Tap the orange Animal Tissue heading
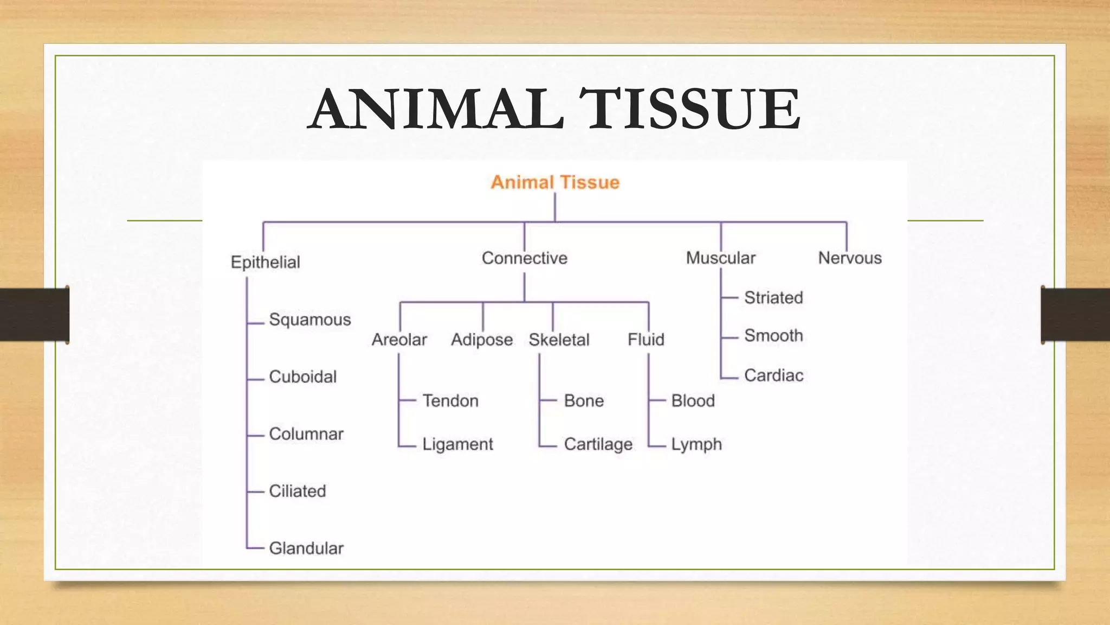tap(555, 182)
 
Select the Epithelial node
tap(265, 262)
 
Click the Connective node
tap(524, 258)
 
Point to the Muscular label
tap(720, 258)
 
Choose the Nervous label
tap(849, 258)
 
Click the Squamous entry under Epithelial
tap(309, 320)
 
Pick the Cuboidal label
tap(302, 377)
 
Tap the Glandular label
tap(306, 548)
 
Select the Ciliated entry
tap(298, 491)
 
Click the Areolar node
tap(399, 340)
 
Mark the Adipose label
tap(482, 340)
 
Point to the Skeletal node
tap(559, 340)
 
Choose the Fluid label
tap(646, 340)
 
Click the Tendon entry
tap(450, 401)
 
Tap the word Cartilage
tap(598, 444)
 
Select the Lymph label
tap(696, 444)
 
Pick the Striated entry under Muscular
tap(773, 297)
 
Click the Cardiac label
tap(773, 375)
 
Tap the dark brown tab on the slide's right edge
tap(1075, 315)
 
